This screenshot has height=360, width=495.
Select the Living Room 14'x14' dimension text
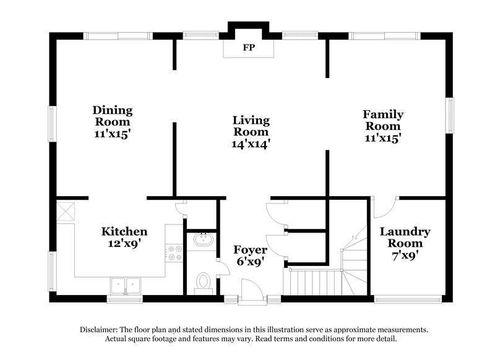pos(251,143)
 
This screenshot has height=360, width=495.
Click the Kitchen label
pos(124,231)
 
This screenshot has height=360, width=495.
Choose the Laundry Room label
pos(405,238)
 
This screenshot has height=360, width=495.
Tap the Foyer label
pos(251,250)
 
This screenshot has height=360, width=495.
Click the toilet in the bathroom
pos(202,282)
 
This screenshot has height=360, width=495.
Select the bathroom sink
pos(202,240)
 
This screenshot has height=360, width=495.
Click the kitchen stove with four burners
pos(174,252)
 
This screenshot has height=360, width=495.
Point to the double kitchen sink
pos(126,285)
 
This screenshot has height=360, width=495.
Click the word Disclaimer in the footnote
pos(101,330)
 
